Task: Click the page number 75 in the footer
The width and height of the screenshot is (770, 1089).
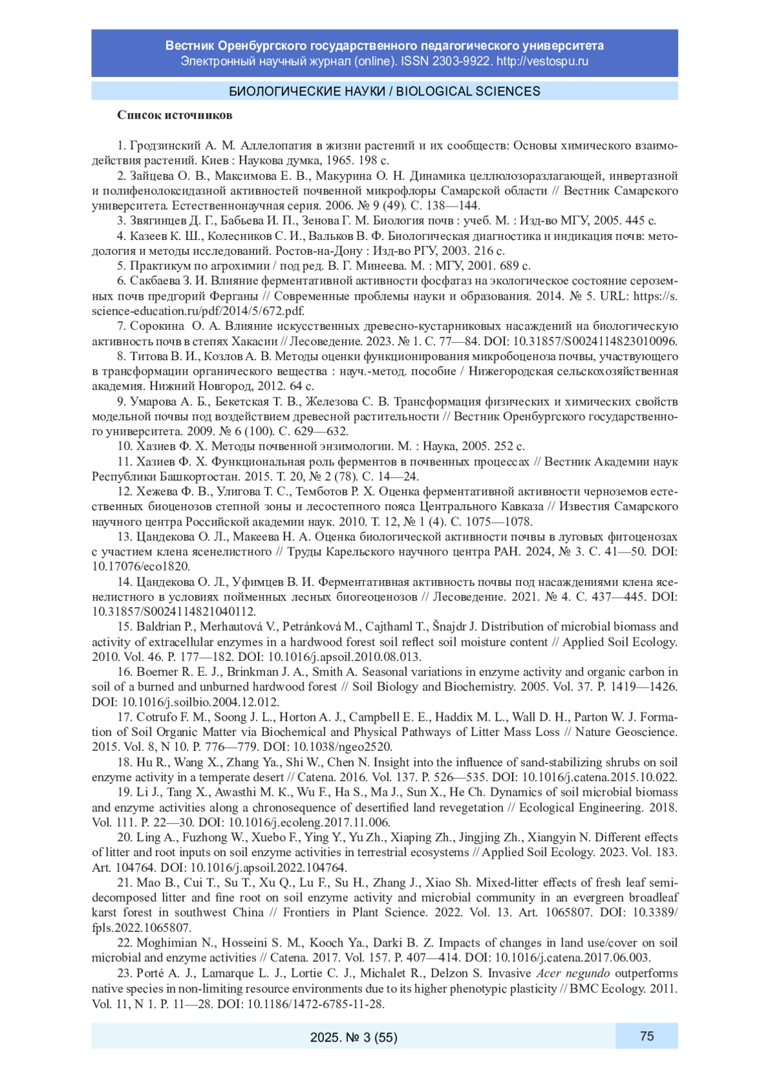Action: [646, 1036]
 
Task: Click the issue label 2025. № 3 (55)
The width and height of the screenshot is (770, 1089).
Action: [354, 1037]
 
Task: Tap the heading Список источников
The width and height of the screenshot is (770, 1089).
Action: [175, 116]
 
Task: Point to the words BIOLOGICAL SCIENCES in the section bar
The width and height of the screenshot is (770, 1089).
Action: [468, 91]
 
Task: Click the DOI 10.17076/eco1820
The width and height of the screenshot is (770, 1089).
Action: [141, 567]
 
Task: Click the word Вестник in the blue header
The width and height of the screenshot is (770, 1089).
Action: [190, 46]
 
